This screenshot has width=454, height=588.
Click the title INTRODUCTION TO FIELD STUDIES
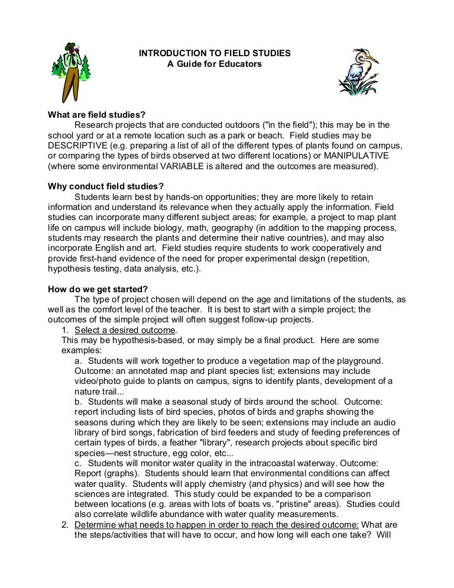click(215, 53)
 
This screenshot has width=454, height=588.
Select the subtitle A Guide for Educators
click(215, 64)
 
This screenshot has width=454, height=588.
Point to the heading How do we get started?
click(98, 289)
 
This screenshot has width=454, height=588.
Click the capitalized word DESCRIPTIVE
click(77, 146)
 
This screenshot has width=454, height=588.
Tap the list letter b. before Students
click(79, 401)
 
